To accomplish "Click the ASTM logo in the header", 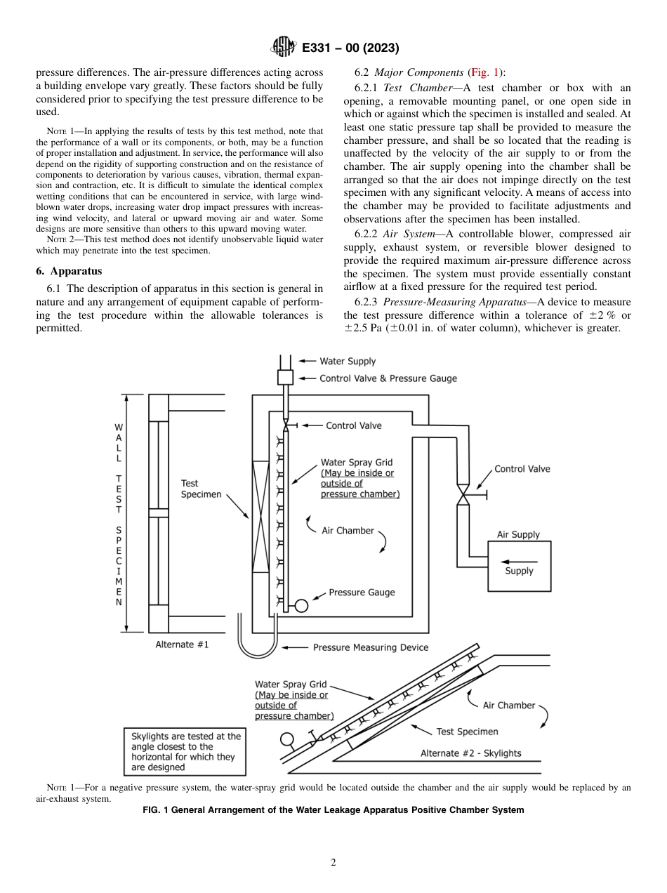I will [x=281, y=48].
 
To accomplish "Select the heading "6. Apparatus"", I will [x=68, y=271].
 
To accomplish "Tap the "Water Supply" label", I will [x=348, y=362].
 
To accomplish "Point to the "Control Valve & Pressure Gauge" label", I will [x=388, y=378].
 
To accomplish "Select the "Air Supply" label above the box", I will [x=518, y=535].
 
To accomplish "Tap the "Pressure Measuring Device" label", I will [x=370, y=647].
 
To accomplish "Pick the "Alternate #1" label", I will [x=182, y=644].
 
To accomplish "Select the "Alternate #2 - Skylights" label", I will [x=470, y=753].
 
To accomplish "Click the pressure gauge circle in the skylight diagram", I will [x=286, y=739].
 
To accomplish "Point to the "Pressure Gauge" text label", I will [x=362, y=593].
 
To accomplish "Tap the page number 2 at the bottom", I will [x=333, y=863].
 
